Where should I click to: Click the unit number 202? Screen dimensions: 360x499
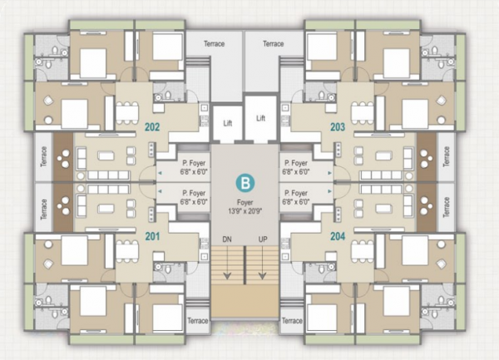(152, 127)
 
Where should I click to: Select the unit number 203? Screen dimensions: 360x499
(338, 127)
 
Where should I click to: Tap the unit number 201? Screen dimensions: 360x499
(152, 235)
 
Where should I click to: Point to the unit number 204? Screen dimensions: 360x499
(338, 235)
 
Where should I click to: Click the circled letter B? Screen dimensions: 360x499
(245, 180)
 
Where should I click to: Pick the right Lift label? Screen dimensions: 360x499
(261, 118)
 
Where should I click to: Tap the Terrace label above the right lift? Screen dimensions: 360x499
(272, 43)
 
